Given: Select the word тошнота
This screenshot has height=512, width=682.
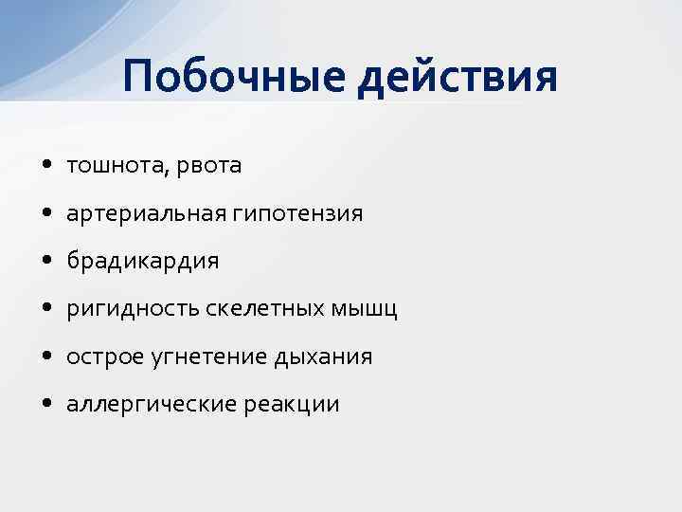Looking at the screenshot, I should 106,166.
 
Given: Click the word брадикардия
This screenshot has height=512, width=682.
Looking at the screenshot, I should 142,262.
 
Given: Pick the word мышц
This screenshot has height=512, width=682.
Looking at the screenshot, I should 363,309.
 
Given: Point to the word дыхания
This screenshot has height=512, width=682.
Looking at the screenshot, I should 323,357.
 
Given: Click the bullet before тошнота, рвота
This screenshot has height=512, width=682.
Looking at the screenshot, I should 47,166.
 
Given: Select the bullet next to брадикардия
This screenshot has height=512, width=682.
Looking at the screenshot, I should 47,262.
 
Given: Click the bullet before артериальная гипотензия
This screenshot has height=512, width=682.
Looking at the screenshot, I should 47,214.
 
